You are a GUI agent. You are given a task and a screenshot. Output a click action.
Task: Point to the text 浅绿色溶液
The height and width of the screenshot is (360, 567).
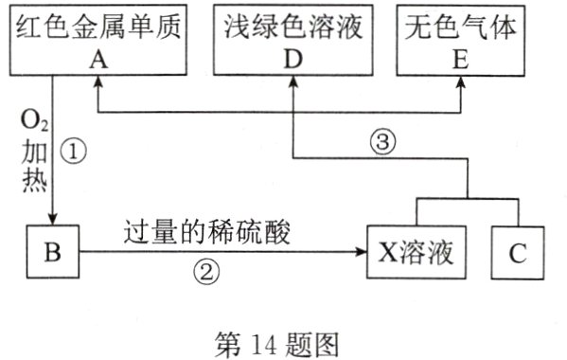[294, 28]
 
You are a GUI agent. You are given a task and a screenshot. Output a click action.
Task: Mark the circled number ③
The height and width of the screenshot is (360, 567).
[380, 143]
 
